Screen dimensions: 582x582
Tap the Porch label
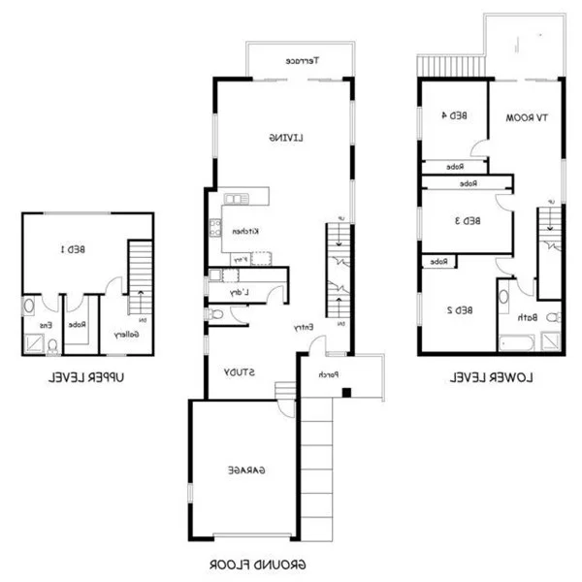327,373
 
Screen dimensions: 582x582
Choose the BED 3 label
467,220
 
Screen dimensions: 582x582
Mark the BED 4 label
454,115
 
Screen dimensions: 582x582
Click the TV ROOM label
527,117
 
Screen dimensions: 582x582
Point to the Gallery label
126,335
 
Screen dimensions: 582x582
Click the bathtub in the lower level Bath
517,341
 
